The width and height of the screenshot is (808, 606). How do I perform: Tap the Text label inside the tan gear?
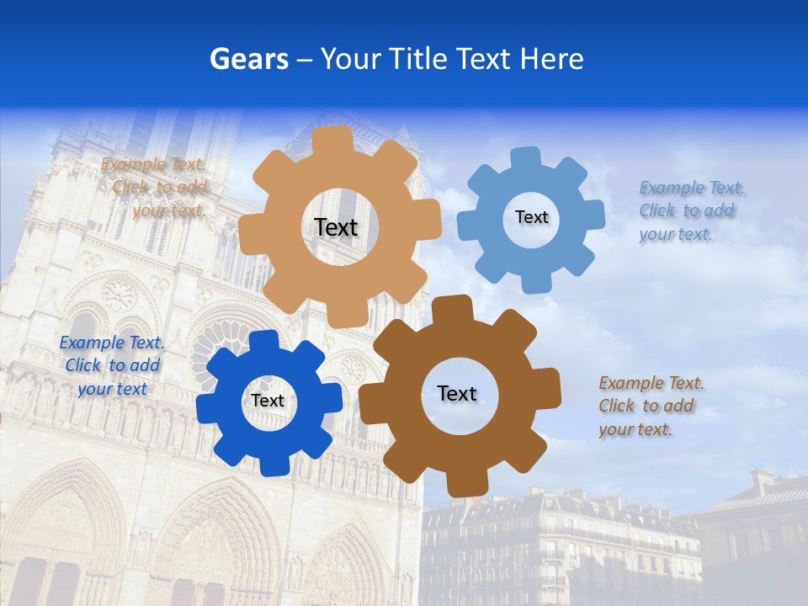(x=336, y=227)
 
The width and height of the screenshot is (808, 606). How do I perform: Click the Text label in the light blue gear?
(x=531, y=217)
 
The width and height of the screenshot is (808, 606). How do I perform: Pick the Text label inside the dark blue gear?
(x=268, y=401)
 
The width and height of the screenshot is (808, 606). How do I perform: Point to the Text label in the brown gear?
(x=457, y=394)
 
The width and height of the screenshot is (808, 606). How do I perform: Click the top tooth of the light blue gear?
(x=526, y=157)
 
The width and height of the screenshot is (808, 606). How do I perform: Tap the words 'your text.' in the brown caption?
(x=635, y=429)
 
